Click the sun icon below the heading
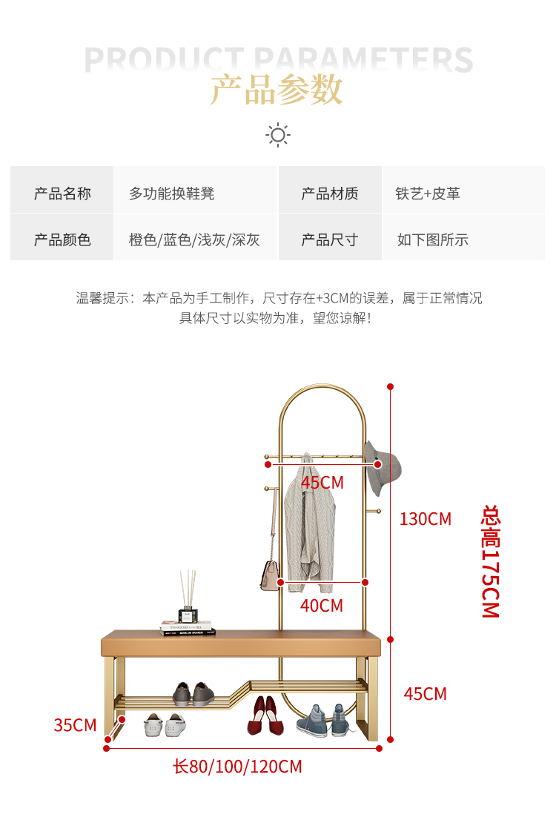coord(278,135)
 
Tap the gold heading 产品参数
coord(277,90)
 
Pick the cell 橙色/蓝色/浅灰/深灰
coord(194,240)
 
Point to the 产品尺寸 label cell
coord(330,240)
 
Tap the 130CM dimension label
coord(426,518)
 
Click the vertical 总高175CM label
coord(490,561)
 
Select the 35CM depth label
coord(75,725)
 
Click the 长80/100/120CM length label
coord(237,767)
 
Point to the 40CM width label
coord(321,606)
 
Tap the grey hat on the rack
coord(382,467)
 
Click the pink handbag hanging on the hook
coord(271,575)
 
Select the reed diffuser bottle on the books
coord(188,598)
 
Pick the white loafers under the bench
coord(165,724)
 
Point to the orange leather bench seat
coord(241,644)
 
